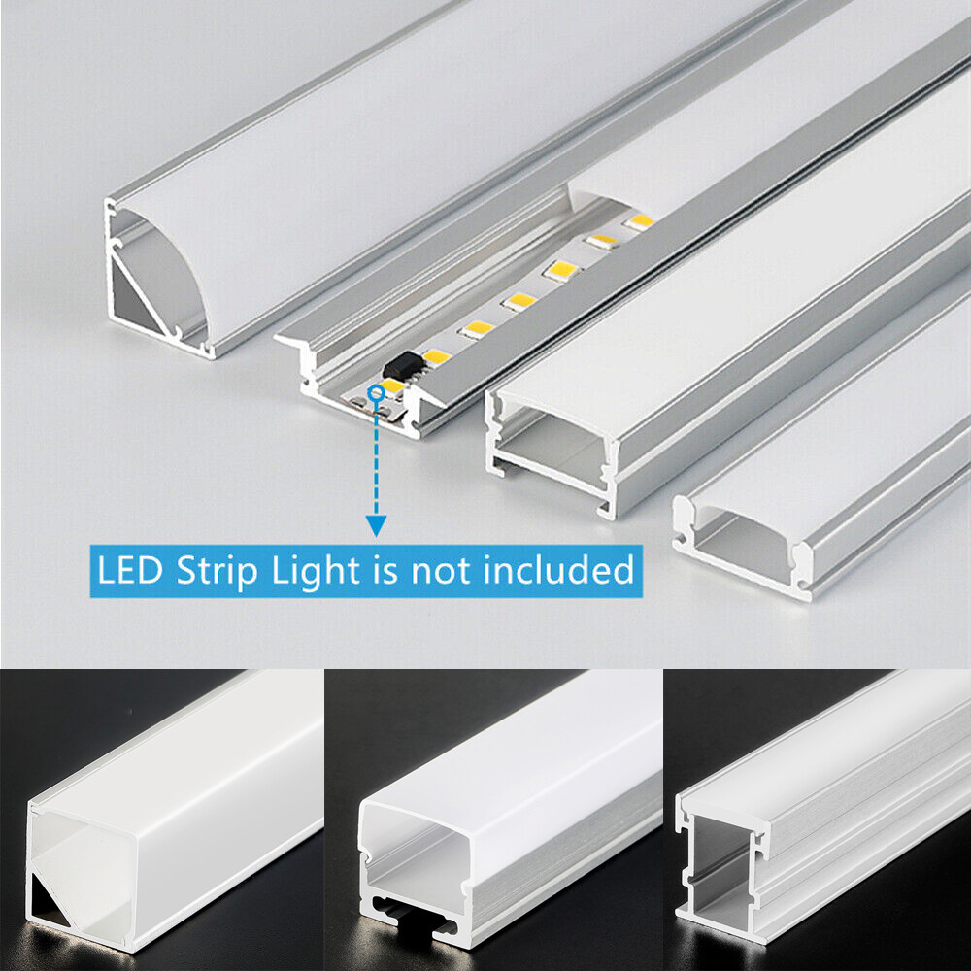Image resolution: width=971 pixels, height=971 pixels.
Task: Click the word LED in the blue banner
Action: point(129,570)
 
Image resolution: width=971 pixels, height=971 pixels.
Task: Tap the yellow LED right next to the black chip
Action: point(434,356)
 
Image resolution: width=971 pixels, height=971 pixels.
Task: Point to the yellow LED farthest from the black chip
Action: point(638,221)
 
